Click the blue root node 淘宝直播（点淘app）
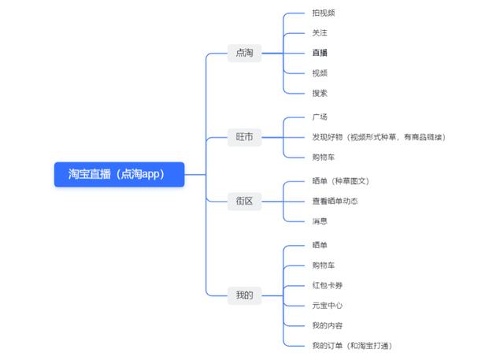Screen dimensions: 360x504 tap(119, 174)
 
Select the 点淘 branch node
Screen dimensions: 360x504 tap(244, 54)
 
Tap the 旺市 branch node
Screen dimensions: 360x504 tap(244, 137)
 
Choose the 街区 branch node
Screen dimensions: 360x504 tap(244, 201)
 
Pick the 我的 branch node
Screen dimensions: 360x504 tap(244, 295)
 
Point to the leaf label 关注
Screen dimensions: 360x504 tap(319, 33)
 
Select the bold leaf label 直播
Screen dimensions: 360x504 tap(319, 53)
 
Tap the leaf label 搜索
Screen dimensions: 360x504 tap(319, 93)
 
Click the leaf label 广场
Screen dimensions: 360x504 tap(319, 117)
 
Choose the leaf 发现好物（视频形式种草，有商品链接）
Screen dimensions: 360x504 tap(379, 137)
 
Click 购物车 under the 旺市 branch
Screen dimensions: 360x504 tap(324, 158)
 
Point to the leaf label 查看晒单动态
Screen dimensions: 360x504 tap(335, 201)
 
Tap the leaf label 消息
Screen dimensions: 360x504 tap(319, 221)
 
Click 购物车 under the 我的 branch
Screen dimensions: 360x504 tap(324, 265)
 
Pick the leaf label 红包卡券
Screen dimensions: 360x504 tap(327, 285)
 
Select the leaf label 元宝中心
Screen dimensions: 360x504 tap(327, 305)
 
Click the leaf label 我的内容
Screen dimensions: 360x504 tap(327, 325)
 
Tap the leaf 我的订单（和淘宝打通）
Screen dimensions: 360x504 tap(351, 345)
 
